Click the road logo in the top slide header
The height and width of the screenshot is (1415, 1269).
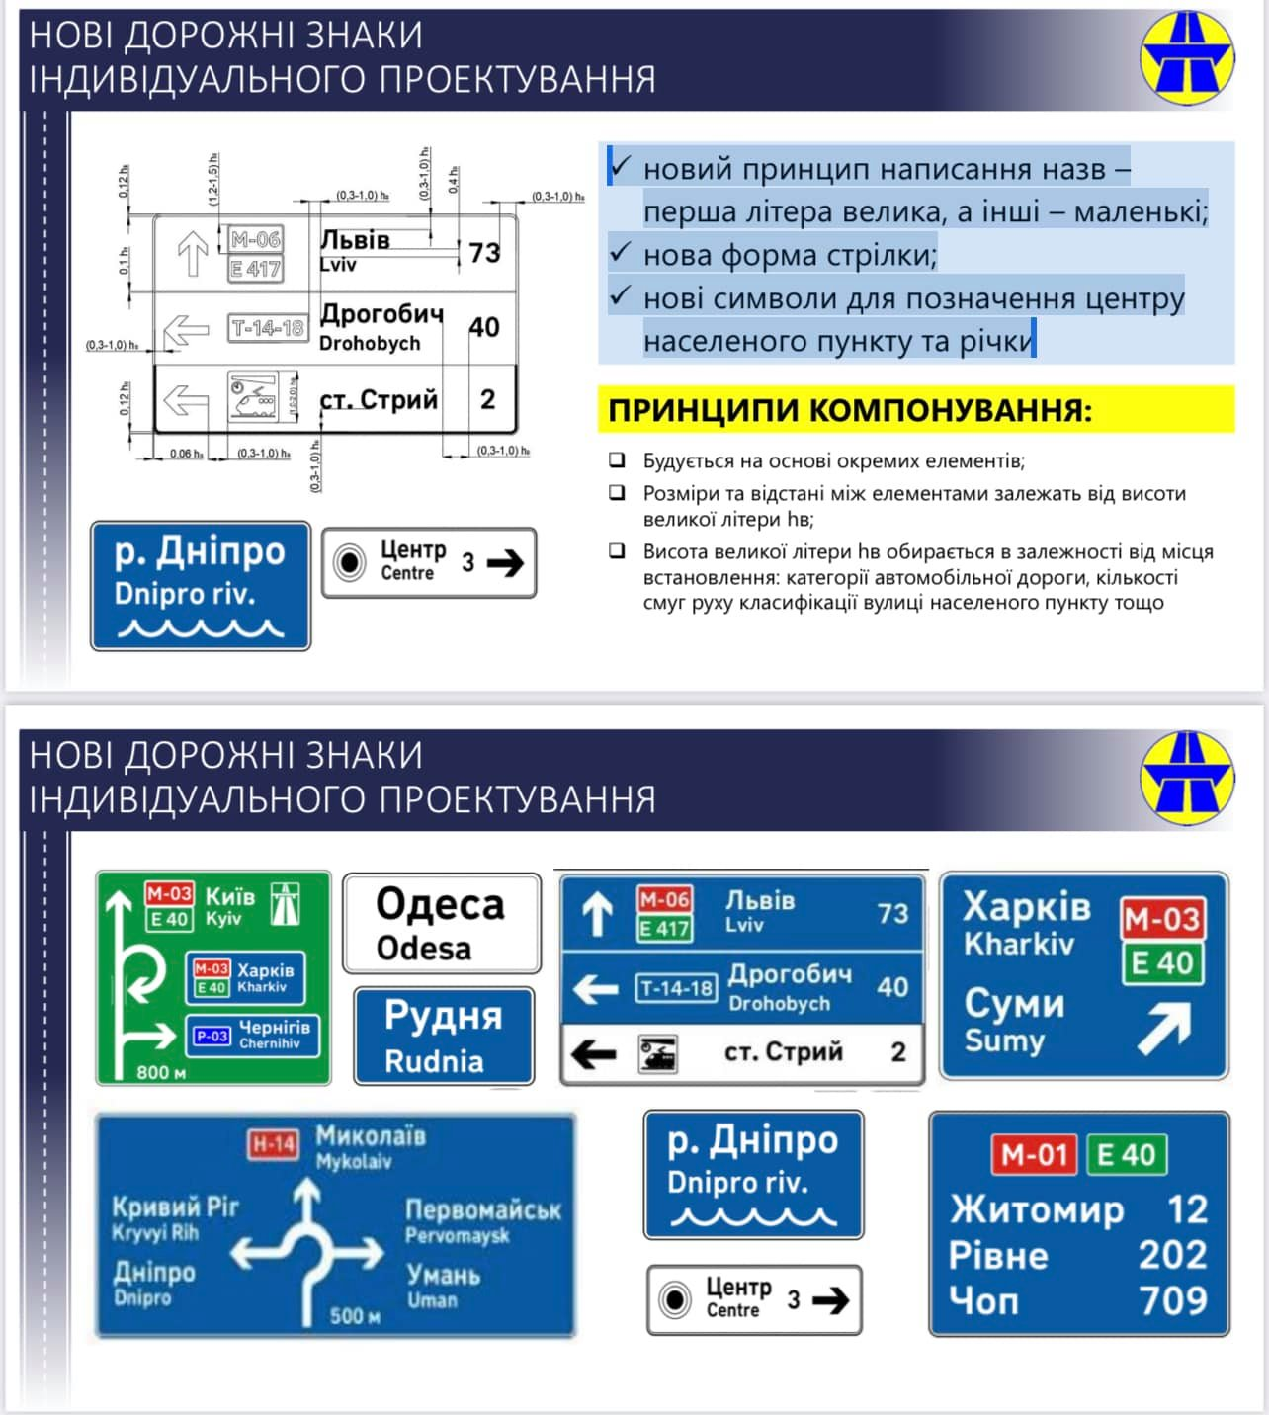[x=1187, y=57]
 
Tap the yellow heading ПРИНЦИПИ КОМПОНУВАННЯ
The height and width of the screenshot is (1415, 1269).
[x=850, y=410]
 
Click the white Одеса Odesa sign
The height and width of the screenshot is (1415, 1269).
[x=441, y=924]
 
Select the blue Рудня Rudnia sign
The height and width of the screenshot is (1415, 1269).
[x=443, y=1036]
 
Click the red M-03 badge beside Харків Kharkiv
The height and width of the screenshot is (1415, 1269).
[x=1161, y=919]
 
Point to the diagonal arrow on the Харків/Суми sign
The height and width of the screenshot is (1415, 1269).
[x=1164, y=1029]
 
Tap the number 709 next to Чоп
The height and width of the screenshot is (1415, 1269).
[x=1173, y=1300]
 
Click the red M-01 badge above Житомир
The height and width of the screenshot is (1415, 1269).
[x=1034, y=1154]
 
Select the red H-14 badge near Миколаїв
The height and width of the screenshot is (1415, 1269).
[x=273, y=1144]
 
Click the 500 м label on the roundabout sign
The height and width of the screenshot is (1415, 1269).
[x=355, y=1316]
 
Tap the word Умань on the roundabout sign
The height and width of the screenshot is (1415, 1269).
[x=444, y=1275]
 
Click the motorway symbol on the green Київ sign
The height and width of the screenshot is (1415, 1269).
[x=287, y=904]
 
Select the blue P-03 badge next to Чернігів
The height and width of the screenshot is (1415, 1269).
[x=211, y=1036]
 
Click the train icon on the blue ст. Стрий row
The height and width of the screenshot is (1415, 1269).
[x=657, y=1053]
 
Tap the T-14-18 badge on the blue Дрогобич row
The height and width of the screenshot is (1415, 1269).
[x=676, y=988]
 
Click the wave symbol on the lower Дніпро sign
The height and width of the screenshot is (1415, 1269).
[x=753, y=1217]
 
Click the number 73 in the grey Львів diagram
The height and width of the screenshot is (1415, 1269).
[x=484, y=253]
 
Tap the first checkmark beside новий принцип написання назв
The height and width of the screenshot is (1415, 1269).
[x=621, y=166]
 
